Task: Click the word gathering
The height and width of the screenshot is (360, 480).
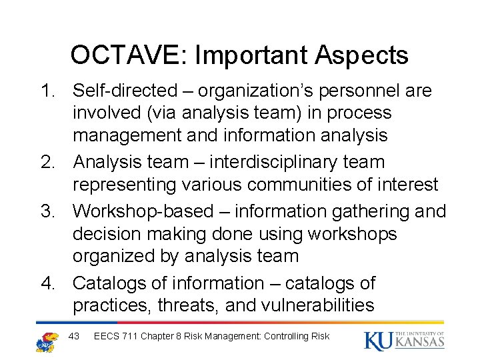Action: tap(373, 211)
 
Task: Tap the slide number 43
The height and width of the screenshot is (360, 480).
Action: tap(74, 336)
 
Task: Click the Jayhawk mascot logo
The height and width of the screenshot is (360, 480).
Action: tap(47, 341)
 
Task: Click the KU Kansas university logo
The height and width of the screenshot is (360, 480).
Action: tap(404, 340)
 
